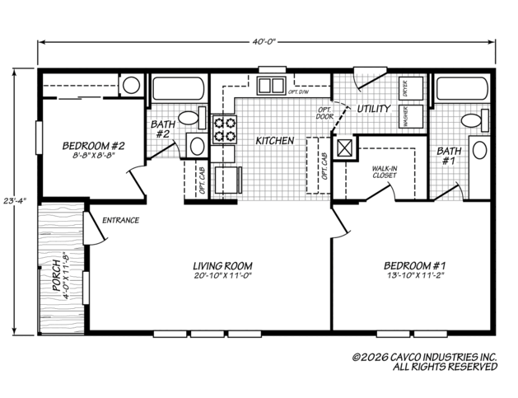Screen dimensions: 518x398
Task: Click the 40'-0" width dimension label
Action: (x=264, y=42)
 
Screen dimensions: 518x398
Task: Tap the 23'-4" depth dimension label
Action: (x=15, y=201)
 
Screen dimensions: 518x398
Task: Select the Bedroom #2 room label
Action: (x=94, y=146)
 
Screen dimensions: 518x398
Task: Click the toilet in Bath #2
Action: (x=193, y=118)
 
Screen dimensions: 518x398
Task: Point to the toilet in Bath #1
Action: (x=475, y=120)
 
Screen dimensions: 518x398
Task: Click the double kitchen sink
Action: (x=271, y=86)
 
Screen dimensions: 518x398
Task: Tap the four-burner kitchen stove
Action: (x=225, y=129)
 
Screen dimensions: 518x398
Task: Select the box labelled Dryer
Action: (x=411, y=88)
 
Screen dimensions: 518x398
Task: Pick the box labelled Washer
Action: (x=411, y=117)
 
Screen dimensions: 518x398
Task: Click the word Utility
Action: (x=374, y=109)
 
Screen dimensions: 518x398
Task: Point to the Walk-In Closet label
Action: (x=385, y=172)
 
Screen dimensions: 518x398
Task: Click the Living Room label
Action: (x=222, y=266)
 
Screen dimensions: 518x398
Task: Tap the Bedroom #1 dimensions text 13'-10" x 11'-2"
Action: (x=415, y=275)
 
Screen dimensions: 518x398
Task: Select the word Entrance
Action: (x=120, y=220)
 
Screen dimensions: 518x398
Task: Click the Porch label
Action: (x=57, y=276)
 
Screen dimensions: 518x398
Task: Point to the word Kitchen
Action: (x=275, y=141)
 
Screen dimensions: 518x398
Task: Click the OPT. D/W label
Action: (x=298, y=92)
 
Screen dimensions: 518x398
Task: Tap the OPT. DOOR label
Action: (x=324, y=113)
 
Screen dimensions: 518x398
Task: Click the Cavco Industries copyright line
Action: (x=425, y=358)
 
